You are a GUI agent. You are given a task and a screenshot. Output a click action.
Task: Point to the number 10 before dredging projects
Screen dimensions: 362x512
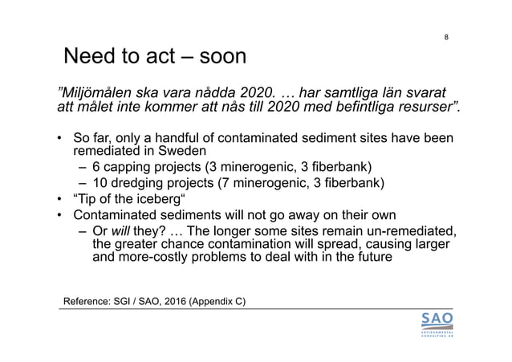100,184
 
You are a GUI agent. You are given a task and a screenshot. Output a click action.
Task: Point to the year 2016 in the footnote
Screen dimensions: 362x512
191,301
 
